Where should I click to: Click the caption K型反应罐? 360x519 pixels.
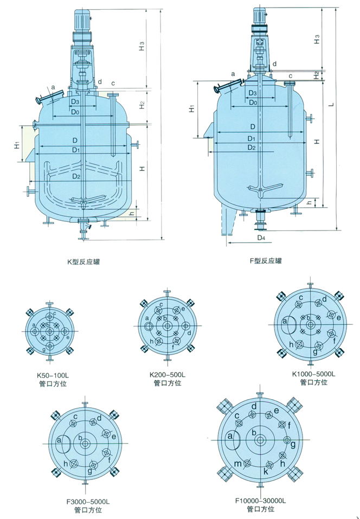(x=83, y=262)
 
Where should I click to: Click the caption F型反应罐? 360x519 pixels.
(x=266, y=261)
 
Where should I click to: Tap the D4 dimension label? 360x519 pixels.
(x=261, y=238)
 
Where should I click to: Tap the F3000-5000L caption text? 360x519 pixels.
(x=83, y=501)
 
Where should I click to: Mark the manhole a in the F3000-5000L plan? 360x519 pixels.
(x=63, y=444)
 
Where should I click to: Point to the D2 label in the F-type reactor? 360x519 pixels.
(x=250, y=148)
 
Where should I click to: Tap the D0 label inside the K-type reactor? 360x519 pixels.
(x=75, y=112)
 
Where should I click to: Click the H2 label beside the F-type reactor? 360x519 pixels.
(x=316, y=75)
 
